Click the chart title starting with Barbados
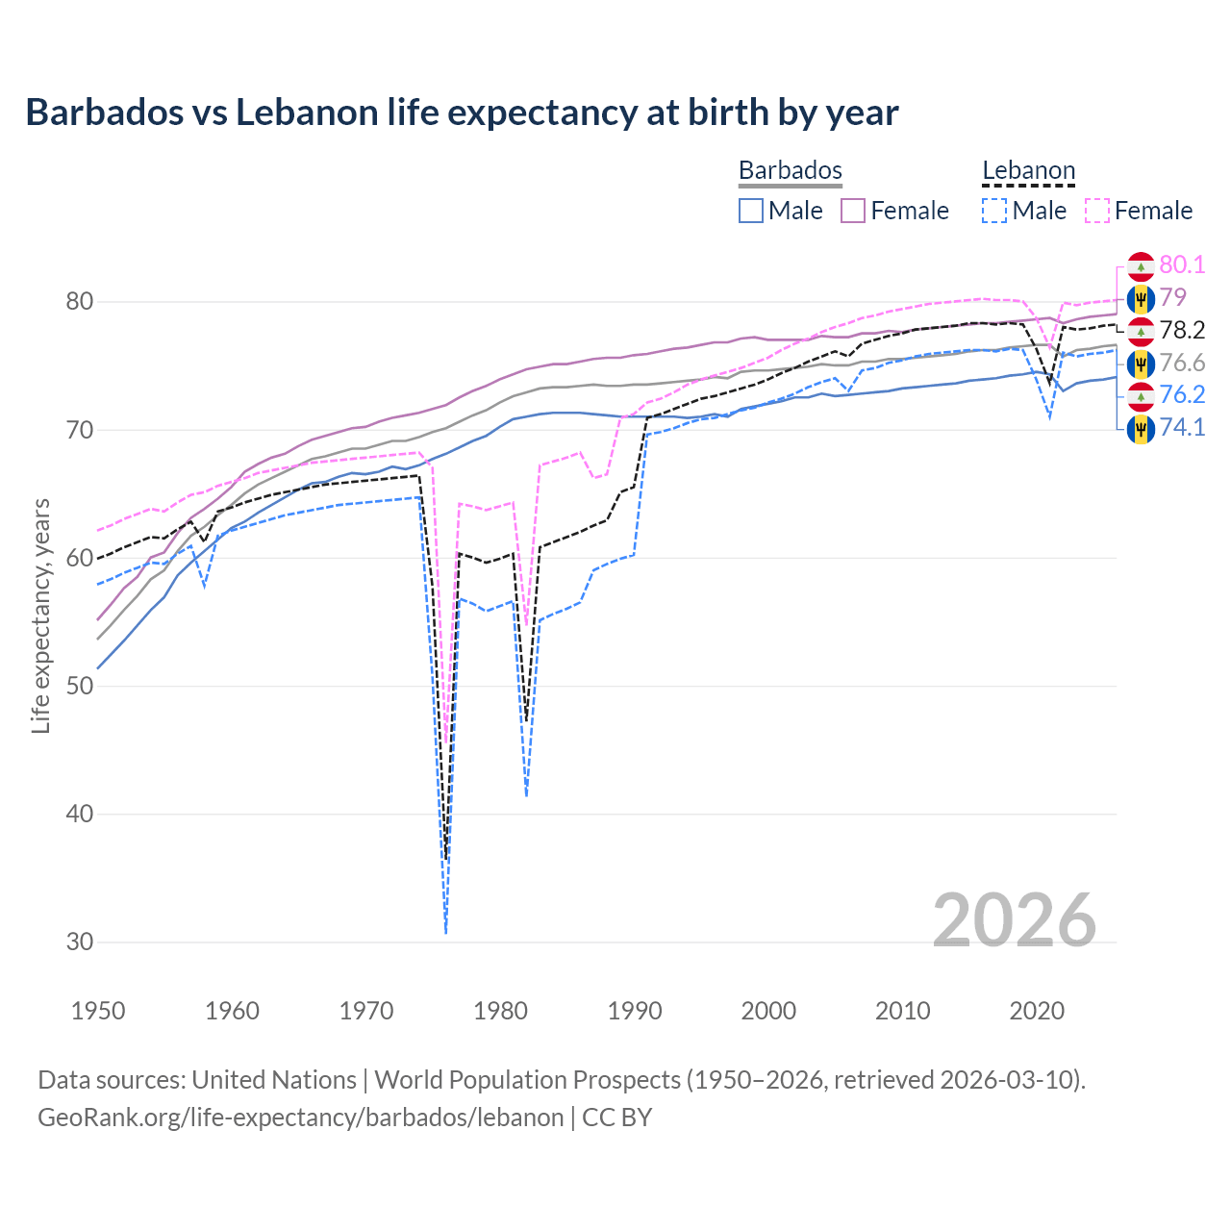click(462, 113)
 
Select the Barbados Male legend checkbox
click(751, 211)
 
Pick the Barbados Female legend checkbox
click(853, 211)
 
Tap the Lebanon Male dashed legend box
click(994, 211)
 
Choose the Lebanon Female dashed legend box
click(1097, 211)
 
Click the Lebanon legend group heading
click(1028, 171)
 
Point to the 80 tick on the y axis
click(80, 301)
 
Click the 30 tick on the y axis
click(80, 942)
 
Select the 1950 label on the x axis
click(98, 1011)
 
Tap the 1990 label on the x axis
click(635, 1011)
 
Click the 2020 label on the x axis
click(1037, 1011)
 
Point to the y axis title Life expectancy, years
click(41, 615)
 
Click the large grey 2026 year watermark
click(1015, 920)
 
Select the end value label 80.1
click(1182, 265)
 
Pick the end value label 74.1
click(1182, 428)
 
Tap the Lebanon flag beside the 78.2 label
click(1141, 331)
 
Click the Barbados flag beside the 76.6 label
click(1141, 364)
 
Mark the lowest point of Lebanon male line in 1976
click(446, 932)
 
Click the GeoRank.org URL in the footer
click(301, 1118)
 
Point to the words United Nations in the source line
click(274, 1080)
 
